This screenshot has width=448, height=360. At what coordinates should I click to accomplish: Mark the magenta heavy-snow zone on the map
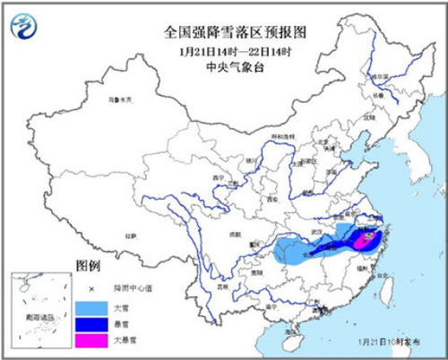(366, 239)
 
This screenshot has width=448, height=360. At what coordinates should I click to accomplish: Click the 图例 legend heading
(88, 268)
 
